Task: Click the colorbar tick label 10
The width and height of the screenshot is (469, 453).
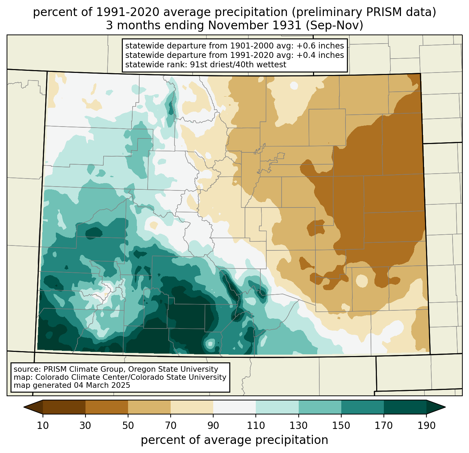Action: [43, 425]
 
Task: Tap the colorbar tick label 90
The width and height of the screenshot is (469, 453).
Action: [213, 425]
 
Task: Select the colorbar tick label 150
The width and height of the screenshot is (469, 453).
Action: [341, 425]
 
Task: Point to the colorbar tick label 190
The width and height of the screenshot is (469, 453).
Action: [426, 425]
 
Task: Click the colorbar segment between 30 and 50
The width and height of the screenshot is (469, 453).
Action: [106, 407]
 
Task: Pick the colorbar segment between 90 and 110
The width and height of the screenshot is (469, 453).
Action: [234, 407]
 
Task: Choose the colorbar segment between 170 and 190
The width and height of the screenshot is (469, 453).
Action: [405, 407]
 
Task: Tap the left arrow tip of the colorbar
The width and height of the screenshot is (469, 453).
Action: [24, 407]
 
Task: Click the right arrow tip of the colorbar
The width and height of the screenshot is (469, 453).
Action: [445, 407]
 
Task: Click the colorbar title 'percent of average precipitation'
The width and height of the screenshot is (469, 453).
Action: [234, 440]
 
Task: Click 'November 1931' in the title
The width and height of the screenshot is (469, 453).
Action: [255, 25]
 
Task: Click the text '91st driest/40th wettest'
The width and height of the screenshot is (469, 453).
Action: [238, 65]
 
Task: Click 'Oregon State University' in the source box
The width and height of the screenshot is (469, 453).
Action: [173, 369]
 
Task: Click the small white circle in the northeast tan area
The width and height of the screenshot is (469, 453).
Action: [294, 85]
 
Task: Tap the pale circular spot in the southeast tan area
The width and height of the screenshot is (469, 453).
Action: [362, 281]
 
